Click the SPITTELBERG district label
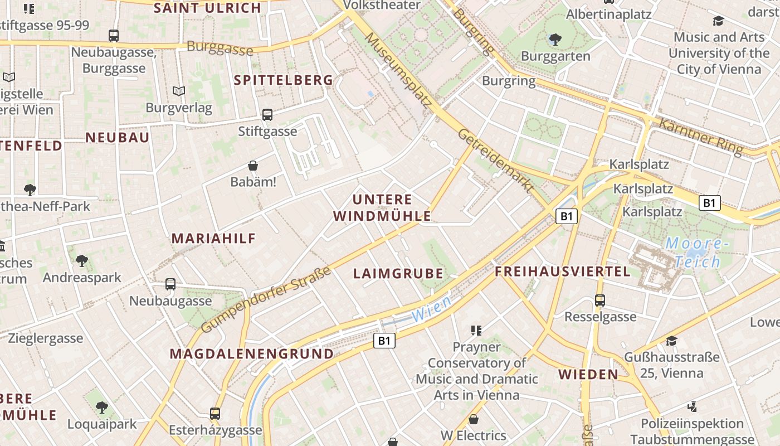tap(283, 80)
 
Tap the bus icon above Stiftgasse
tap(267, 115)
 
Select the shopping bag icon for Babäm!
tap(253, 166)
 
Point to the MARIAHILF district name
tap(213, 239)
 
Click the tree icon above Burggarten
tap(555, 39)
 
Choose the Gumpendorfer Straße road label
tap(266, 300)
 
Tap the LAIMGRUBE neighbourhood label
tap(398, 274)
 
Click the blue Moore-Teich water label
tap(696, 253)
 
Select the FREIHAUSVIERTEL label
tap(563, 272)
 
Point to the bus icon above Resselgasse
tap(600, 300)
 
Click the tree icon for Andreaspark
tap(82, 260)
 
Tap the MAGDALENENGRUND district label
tap(251, 354)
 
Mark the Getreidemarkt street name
tap(495, 161)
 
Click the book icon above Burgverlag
tap(178, 91)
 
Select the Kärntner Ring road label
tap(700, 136)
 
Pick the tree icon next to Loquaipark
tap(101, 408)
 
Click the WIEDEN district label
tap(588, 374)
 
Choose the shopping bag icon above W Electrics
tap(473, 419)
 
